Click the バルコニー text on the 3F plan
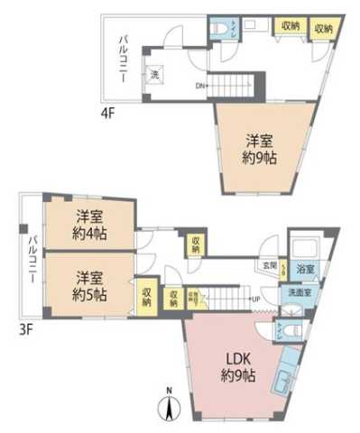tap(31, 259)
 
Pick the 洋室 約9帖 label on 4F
tap(262, 148)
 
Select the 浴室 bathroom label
tap(306, 270)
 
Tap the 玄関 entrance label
tap(269, 265)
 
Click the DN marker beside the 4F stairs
tap(199, 87)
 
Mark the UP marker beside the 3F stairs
tap(255, 299)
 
